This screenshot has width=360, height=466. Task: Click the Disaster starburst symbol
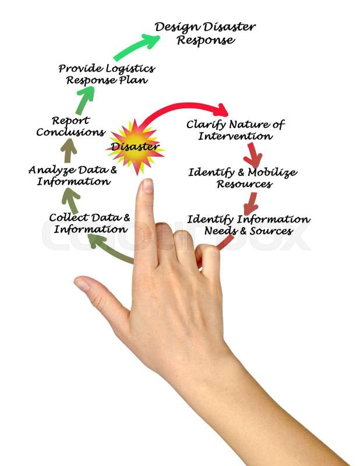135,147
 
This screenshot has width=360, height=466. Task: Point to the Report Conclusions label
70,126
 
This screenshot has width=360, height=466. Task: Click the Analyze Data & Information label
73,175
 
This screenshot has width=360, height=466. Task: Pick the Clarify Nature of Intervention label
235,130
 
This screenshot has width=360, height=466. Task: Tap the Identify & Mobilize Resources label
242,178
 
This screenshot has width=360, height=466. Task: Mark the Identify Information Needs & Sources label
248,225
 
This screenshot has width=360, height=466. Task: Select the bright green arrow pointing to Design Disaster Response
136,47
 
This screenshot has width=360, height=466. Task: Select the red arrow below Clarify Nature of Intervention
253,156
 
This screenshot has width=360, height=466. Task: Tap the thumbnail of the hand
82,284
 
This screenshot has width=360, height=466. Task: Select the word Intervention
235,136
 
